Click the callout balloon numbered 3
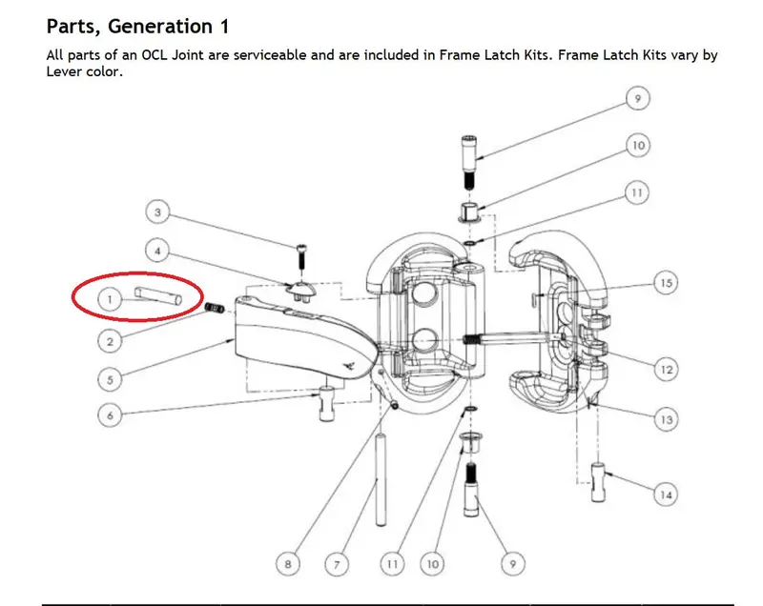pyautogui.click(x=157, y=212)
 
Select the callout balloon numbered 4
pyautogui.click(x=157, y=251)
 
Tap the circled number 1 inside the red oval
pyautogui.click(x=110, y=299)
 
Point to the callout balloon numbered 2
pyautogui.click(x=110, y=341)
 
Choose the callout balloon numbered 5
pyautogui.click(x=110, y=379)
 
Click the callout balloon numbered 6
pyautogui.click(x=110, y=415)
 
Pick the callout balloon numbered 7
pyautogui.click(x=337, y=564)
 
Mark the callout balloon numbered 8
pyautogui.click(x=288, y=564)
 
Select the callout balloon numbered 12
pyautogui.click(x=666, y=370)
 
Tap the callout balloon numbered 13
pyautogui.click(x=666, y=419)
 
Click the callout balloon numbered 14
pyautogui.click(x=665, y=495)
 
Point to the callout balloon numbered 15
pyautogui.click(x=666, y=282)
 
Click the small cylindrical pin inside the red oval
pyautogui.click(x=158, y=295)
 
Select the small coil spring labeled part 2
pyautogui.click(x=214, y=308)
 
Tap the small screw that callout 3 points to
pyautogui.click(x=301, y=257)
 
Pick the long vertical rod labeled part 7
pyautogui.click(x=381, y=480)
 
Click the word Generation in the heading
pyautogui.click(x=160, y=27)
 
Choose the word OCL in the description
pyautogui.click(x=155, y=55)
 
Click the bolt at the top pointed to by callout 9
pyautogui.click(x=468, y=163)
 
